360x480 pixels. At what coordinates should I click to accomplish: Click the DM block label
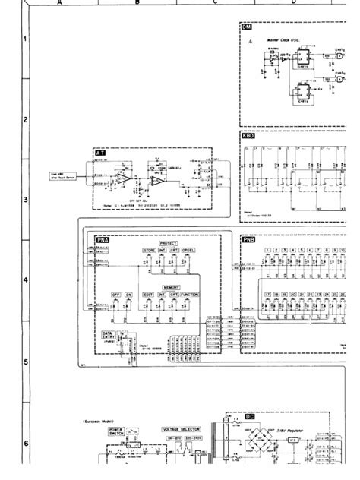click(x=246, y=28)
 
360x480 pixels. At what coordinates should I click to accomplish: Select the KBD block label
click(x=248, y=137)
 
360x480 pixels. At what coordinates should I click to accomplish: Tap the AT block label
click(x=99, y=153)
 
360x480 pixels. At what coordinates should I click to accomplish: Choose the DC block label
click(x=250, y=416)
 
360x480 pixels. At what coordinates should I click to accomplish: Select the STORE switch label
click(x=149, y=249)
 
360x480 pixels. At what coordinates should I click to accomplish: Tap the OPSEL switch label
click(x=188, y=249)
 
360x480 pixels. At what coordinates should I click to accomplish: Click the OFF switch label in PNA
click(x=116, y=294)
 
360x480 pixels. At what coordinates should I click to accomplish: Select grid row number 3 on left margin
click(x=25, y=200)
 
